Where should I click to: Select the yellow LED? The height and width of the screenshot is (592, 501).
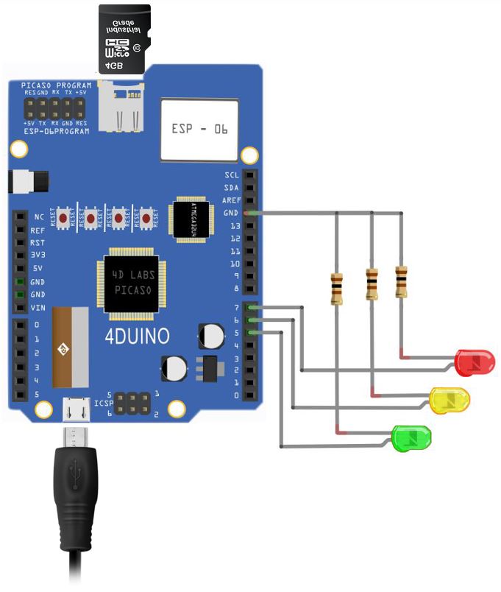pos(450,401)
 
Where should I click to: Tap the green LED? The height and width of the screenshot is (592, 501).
pos(412,438)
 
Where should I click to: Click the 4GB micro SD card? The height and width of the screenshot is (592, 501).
pos(124,40)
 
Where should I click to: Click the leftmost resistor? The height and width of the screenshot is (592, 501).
pos(337,289)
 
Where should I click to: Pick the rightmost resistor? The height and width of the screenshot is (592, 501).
pos(401,282)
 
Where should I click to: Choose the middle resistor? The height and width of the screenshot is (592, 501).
pos(372,284)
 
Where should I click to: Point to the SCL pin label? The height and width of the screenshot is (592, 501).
pos(232,175)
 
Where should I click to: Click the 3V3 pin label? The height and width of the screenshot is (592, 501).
pos(38,255)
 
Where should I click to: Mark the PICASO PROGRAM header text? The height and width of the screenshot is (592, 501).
pos(56,85)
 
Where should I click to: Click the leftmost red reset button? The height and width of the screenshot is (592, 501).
pos(65,218)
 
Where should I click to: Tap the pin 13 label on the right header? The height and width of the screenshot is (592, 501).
pos(235,226)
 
